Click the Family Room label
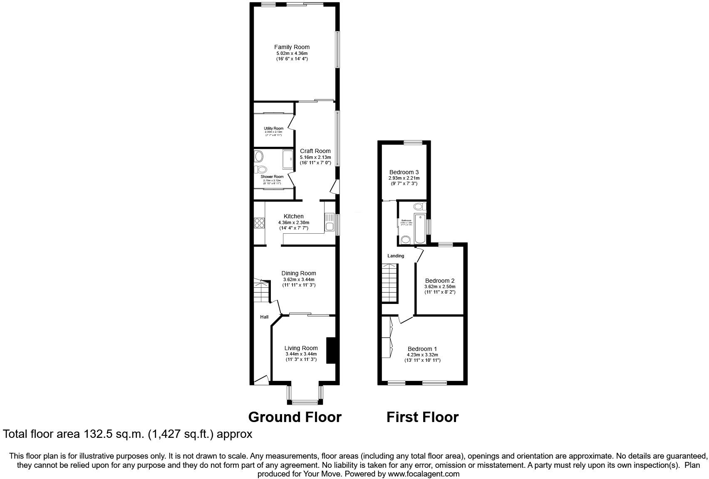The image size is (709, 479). click(x=292, y=47)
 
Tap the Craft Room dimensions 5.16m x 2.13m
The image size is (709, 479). click(x=315, y=157)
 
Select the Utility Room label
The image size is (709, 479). click(x=273, y=128)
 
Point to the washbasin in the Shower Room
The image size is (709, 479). click(x=259, y=157)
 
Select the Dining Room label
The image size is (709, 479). click(x=298, y=273)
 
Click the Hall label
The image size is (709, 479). click(x=264, y=317)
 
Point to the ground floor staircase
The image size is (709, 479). click(x=262, y=291)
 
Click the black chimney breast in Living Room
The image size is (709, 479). click(x=331, y=351)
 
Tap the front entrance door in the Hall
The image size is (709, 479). click(x=260, y=380)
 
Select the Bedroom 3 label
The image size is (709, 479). click(x=404, y=172)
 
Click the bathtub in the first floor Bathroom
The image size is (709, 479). click(x=420, y=228)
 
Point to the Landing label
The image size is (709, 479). click(x=396, y=256)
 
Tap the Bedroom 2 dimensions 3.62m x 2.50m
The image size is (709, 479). click(x=440, y=286)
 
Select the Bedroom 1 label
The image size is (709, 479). click(x=422, y=348)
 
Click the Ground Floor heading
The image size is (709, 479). click(x=295, y=417)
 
